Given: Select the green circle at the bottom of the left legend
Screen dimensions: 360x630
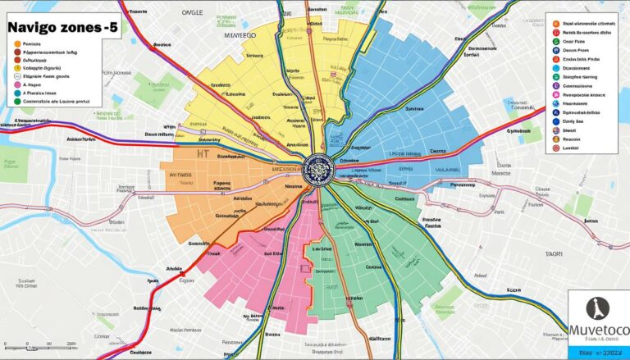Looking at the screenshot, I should [x=17, y=93].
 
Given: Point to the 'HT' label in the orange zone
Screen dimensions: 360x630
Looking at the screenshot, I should [x=204, y=153].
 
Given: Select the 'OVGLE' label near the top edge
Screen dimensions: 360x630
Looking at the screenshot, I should [x=191, y=14].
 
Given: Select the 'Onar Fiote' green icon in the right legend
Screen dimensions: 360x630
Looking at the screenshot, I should [x=556, y=40].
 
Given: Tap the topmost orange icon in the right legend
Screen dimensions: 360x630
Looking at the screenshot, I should [x=556, y=25].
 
